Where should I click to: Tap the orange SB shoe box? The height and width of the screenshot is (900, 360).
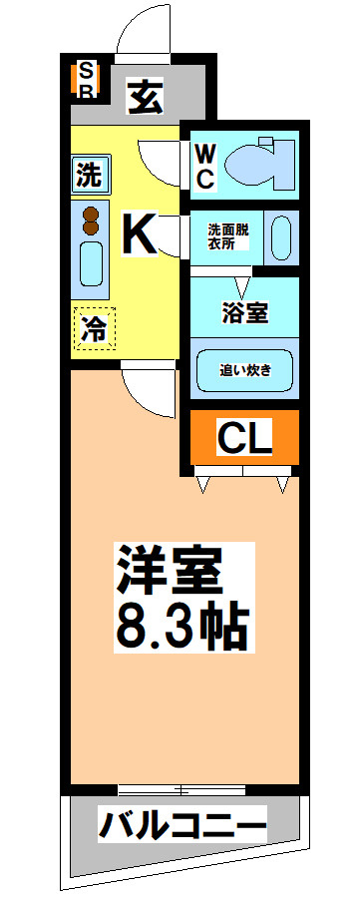87,81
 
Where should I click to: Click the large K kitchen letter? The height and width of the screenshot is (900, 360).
139,234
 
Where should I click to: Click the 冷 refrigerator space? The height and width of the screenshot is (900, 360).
94,328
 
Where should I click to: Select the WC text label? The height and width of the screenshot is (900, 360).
203,165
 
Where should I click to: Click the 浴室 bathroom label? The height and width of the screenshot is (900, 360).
243,311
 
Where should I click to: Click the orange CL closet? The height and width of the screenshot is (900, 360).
244,438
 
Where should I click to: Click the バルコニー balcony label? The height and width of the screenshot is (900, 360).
182,826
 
